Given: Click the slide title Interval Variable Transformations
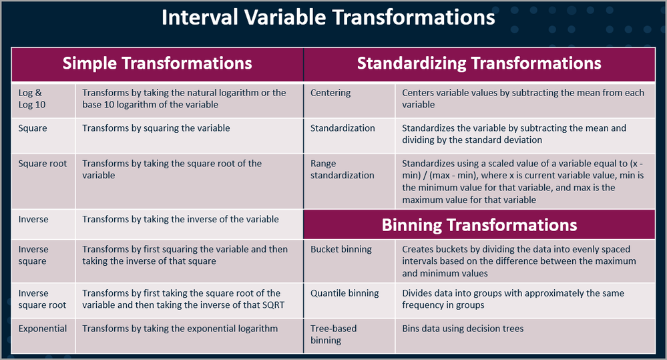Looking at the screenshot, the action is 328,18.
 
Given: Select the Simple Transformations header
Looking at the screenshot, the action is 158,63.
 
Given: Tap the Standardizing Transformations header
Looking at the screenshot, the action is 479,63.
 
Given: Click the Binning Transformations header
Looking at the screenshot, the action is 479,224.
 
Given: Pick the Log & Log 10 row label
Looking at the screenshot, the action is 32,99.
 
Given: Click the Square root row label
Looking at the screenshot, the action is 43,164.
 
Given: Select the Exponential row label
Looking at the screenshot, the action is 43,329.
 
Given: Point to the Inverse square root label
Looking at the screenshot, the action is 42,299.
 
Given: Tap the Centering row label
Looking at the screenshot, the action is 330,93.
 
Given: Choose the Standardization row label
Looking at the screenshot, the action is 343,128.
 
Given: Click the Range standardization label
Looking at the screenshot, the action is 342,170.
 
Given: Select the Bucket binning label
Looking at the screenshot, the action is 341,249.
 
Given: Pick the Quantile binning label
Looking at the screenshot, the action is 345,293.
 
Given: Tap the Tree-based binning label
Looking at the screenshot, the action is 334,335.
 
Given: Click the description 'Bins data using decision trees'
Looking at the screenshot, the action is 463,329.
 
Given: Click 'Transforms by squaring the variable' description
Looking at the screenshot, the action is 156,128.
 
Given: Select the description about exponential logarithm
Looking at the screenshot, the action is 180,329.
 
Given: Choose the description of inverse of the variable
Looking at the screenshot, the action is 180,219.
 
